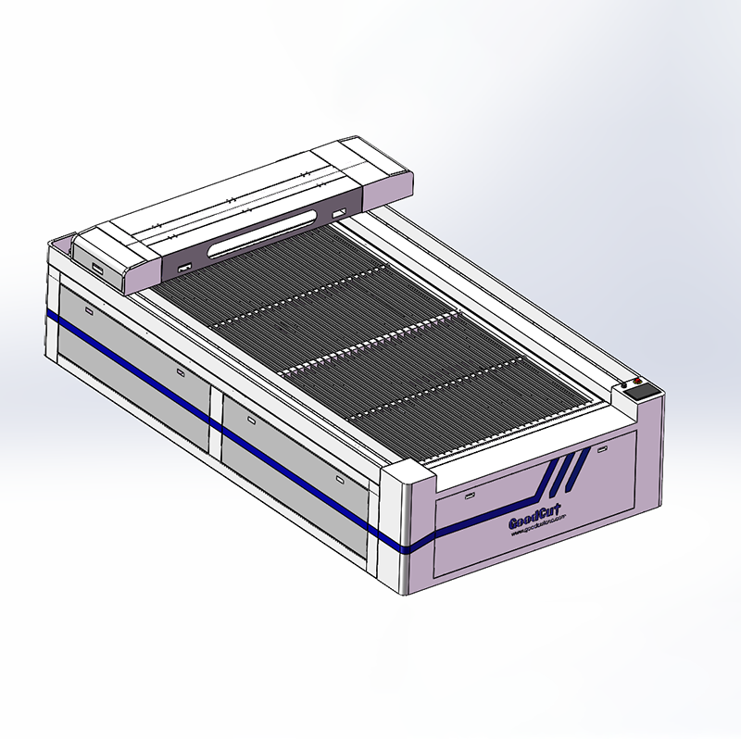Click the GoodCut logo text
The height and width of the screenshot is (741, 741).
pos(536,519)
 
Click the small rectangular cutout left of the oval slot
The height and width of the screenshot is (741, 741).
pos(183,269)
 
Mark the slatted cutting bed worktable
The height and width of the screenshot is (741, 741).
pos(370,343)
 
